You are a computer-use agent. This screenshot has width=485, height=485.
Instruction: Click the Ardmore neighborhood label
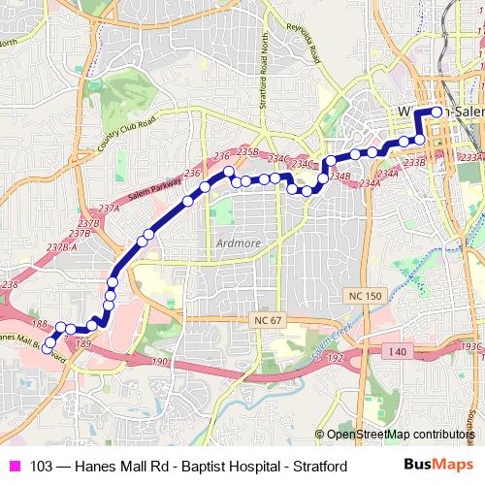coord(235,242)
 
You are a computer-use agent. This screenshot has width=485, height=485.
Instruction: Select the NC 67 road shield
coord(263,319)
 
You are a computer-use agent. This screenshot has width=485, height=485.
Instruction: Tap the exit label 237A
coord(108,209)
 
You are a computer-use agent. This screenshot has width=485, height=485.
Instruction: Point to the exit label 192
coord(335,358)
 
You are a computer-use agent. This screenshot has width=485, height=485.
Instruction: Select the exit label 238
coord(10,284)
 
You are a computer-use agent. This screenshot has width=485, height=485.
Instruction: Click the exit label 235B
coord(247,152)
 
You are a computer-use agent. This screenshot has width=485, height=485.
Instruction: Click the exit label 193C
coord(472,346)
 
